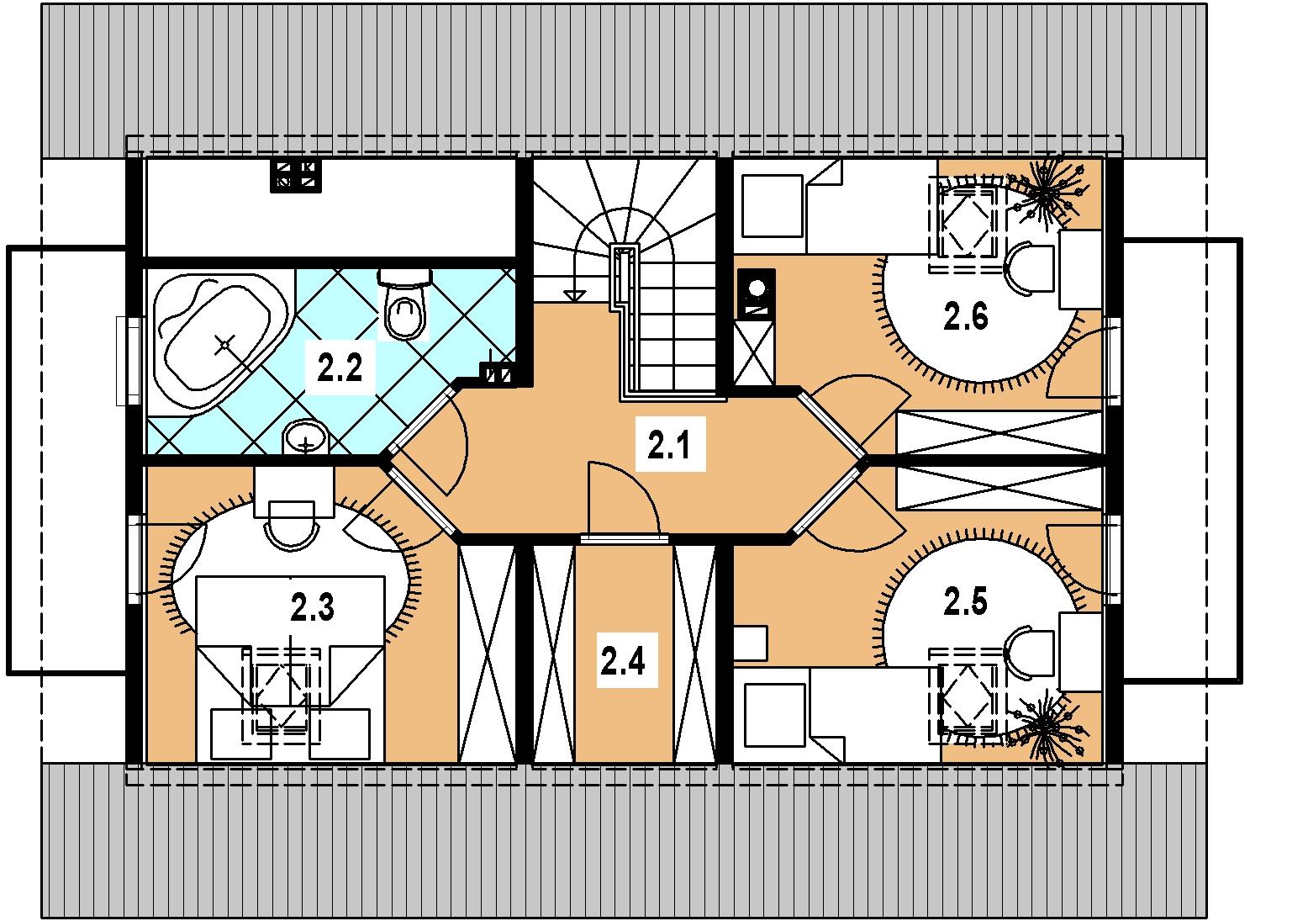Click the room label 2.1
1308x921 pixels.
669,445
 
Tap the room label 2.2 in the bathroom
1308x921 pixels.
340,368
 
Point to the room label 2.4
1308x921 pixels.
623,662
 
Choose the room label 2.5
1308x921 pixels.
966,601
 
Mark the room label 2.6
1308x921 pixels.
966,316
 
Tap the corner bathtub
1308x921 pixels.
219,341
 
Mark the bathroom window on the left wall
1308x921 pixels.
129,361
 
